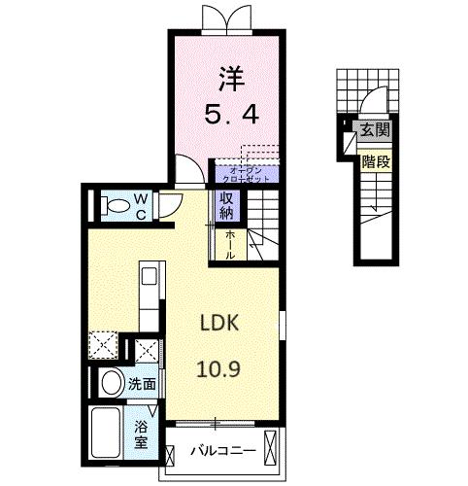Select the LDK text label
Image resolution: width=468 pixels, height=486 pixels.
pyautogui.click(x=220, y=323)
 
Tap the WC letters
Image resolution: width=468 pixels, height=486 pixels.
pyautogui.click(x=141, y=206)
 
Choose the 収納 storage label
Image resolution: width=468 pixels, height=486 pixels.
pyautogui.click(x=225, y=207)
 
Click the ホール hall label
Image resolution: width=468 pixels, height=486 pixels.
pyautogui.click(x=229, y=243)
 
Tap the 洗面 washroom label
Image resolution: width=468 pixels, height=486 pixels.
pyautogui.click(x=142, y=384)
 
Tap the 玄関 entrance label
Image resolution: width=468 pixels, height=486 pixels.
pyautogui.click(x=373, y=129)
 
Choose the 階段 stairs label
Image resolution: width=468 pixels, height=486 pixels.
pyautogui.click(x=377, y=162)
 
